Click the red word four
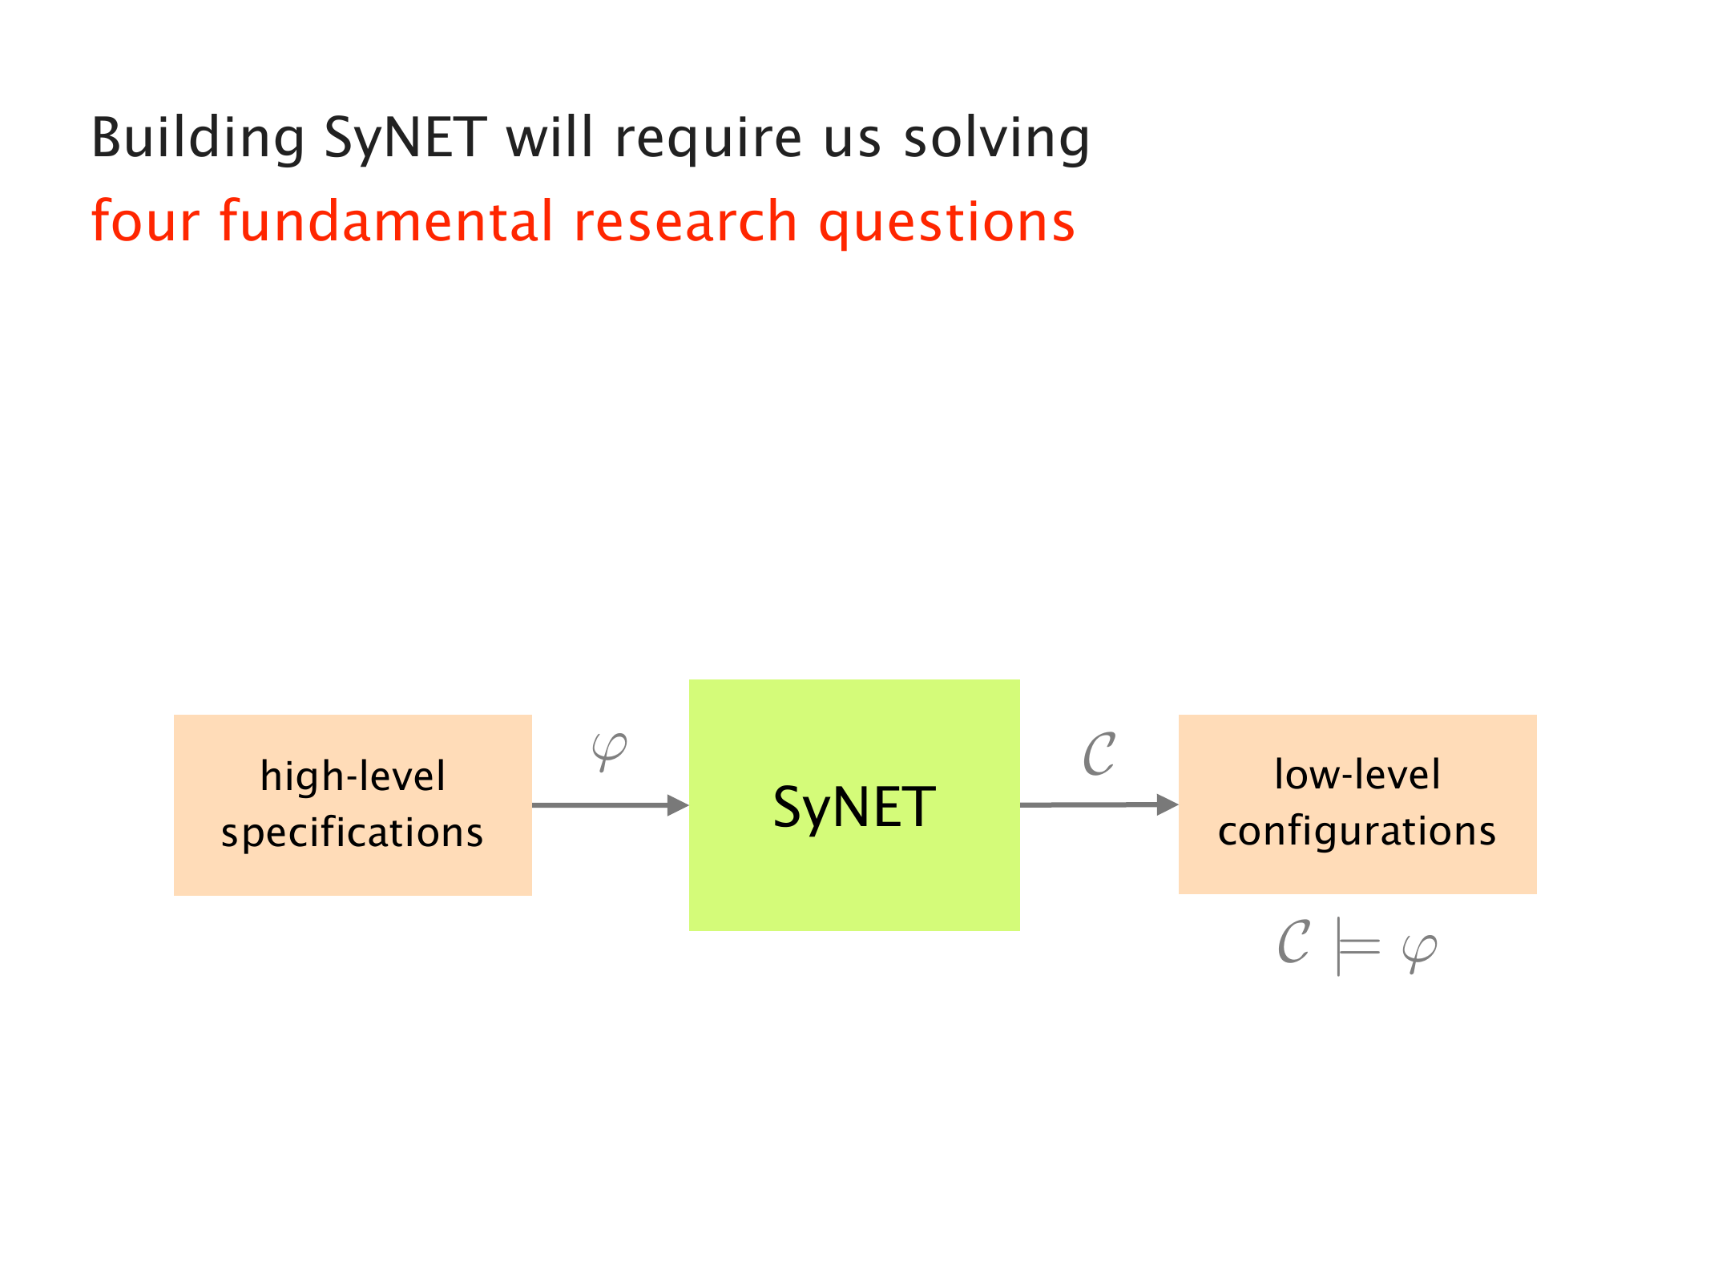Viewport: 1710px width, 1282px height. (x=145, y=221)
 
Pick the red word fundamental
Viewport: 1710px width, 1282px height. (x=386, y=221)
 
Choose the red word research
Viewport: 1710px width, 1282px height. (x=686, y=221)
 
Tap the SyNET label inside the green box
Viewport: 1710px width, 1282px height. (x=854, y=808)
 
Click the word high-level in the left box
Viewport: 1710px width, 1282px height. (x=353, y=776)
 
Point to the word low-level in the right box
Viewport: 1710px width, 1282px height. (x=1357, y=774)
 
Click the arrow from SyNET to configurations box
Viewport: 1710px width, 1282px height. (x=1099, y=804)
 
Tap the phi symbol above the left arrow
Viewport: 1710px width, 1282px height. (x=609, y=752)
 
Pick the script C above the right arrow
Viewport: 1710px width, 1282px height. (x=1099, y=754)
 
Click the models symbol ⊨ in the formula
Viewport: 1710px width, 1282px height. (x=1357, y=946)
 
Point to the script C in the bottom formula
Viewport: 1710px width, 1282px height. (x=1293, y=941)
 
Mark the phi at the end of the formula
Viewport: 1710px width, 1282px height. (x=1419, y=953)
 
